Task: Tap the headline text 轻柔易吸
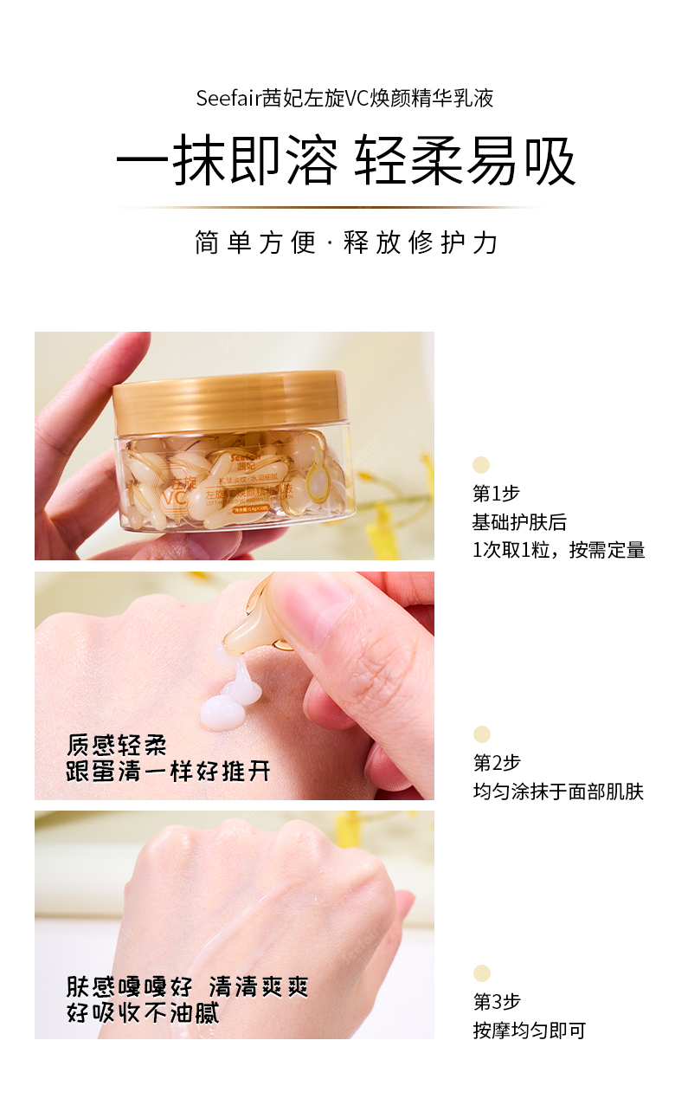(x=465, y=162)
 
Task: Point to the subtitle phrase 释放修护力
(x=421, y=242)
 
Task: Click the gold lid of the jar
(x=229, y=399)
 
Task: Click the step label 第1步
(x=496, y=494)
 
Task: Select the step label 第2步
(x=497, y=763)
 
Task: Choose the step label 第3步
(x=497, y=1002)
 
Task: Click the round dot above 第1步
(x=481, y=465)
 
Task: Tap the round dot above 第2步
(x=482, y=734)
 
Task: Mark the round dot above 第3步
(x=482, y=973)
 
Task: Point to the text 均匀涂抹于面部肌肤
(x=558, y=792)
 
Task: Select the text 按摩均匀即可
(x=529, y=1031)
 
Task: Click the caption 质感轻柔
(x=117, y=745)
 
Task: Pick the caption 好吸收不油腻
(x=143, y=1011)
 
